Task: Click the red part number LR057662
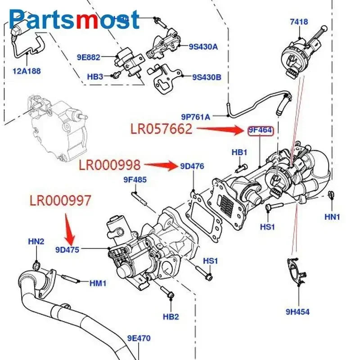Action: pyautogui.click(x=162, y=129)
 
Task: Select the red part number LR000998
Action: pyautogui.click(x=109, y=165)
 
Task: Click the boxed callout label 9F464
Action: pyautogui.click(x=260, y=131)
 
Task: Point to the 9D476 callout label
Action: pyautogui.click(x=192, y=166)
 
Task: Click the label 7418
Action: pyautogui.click(x=298, y=22)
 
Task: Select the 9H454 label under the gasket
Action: pyautogui.click(x=297, y=311)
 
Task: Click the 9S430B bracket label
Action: pyautogui.click(x=207, y=77)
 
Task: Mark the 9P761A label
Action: pyautogui.click(x=196, y=117)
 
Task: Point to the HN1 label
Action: pyautogui.click(x=333, y=217)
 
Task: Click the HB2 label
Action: pyautogui.click(x=171, y=317)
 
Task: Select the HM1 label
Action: pyautogui.click(x=98, y=283)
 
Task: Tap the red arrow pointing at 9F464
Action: pyautogui.click(x=220, y=130)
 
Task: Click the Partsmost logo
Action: pyautogui.click(x=74, y=19)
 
